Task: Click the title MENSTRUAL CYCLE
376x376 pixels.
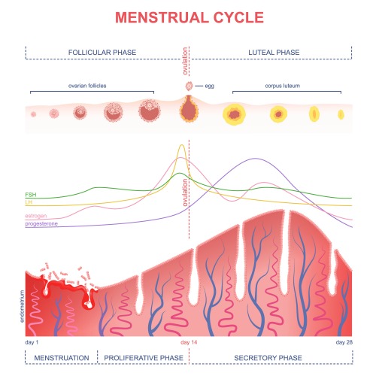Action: [x=190, y=17]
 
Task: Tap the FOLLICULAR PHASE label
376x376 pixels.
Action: [x=102, y=53]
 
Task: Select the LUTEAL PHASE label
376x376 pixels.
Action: [x=274, y=53]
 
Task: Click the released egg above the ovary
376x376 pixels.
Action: [x=189, y=86]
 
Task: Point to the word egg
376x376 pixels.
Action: [x=210, y=86]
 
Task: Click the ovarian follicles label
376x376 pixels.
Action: [x=87, y=86]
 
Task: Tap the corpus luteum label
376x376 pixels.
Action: [x=283, y=86]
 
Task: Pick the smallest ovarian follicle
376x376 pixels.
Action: [x=33, y=114]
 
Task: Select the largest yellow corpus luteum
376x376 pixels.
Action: [x=235, y=114]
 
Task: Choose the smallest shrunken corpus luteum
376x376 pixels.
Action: [x=341, y=115]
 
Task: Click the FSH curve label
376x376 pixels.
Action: [x=31, y=195]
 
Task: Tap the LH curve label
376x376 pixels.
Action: [x=29, y=202]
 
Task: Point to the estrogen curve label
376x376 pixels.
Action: [x=36, y=216]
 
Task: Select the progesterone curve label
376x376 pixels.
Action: [x=41, y=223]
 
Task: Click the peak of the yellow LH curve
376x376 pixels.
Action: [x=182, y=145]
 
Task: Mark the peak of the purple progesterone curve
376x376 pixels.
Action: [x=255, y=159]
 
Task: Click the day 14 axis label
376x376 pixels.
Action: [x=189, y=342]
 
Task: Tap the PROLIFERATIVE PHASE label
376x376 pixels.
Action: [x=144, y=358]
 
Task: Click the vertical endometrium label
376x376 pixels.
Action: [x=22, y=306]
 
